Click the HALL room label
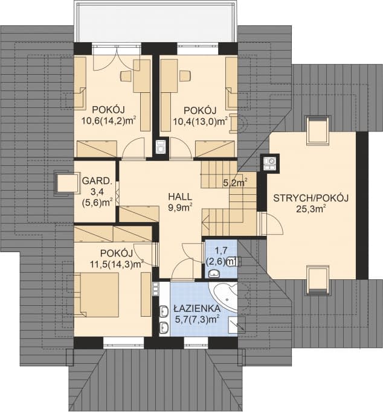(180, 197)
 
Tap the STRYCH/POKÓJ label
(311, 198)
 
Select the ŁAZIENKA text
(197, 308)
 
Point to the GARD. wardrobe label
(97, 181)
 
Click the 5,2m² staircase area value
(235, 182)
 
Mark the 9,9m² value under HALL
(180, 208)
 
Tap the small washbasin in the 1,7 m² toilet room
(214, 274)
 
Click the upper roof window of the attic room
(318, 130)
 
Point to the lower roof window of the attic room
(318, 280)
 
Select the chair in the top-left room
(126, 76)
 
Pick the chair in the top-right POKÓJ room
(185, 75)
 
